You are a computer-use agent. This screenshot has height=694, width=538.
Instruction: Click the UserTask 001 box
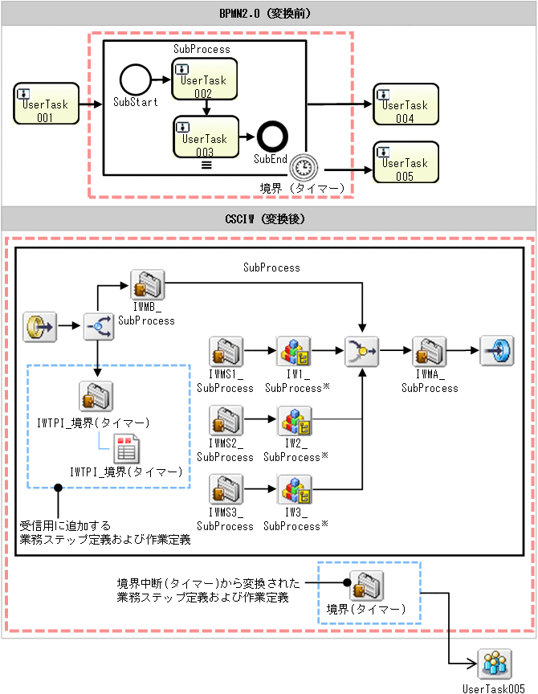pyautogui.click(x=47, y=104)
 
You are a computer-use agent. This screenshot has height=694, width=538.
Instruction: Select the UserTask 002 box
pyautogui.click(x=204, y=80)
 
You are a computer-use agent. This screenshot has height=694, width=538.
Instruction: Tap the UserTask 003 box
pyautogui.click(x=206, y=137)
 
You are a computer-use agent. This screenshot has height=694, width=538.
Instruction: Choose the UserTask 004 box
pyautogui.click(x=406, y=104)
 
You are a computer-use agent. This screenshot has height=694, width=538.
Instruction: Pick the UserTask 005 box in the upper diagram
pyautogui.click(x=406, y=163)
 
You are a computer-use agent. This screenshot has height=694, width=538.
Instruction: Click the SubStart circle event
pyautogui.click(x=135, y=80)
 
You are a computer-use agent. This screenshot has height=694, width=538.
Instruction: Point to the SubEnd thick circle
pyautogui.click(x=271, y=137)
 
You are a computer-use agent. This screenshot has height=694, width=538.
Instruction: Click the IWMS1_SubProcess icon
pyautogui.click(x=225, y=352)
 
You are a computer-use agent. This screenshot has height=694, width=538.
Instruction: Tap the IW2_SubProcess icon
pyautogui.click(x=294, y=421)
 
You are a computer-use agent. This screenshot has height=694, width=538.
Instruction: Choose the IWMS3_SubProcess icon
pyautogui.click(x=225, y=490)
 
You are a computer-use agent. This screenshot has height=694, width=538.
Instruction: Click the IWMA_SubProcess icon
pyautogui.click(x=429, y=352)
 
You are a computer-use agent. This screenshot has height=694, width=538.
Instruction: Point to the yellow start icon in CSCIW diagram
pyautogui.click(x=39, y=328)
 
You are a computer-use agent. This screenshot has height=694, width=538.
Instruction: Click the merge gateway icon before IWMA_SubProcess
pyautogui.click(x=361, y=352)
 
